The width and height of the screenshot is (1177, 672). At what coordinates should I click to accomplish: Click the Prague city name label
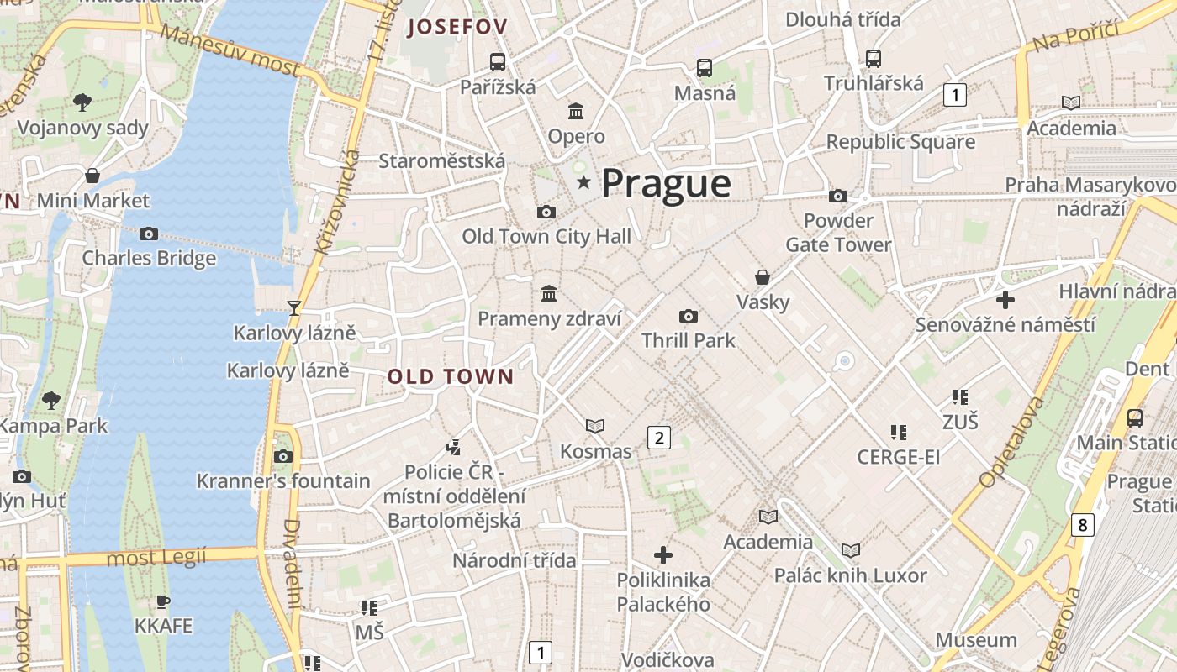click(666, 183)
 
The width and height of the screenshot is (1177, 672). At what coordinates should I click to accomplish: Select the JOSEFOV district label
click(457, 28)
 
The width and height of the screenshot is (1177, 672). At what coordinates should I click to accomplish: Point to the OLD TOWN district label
click(450, 377)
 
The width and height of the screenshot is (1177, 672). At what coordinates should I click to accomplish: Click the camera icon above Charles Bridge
click(149, 234)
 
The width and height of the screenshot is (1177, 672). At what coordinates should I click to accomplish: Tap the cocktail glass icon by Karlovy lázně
click(293, 307)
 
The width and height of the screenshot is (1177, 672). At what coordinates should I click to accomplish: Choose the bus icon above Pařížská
click(498, 61)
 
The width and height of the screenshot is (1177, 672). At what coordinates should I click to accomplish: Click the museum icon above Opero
click(577, 111)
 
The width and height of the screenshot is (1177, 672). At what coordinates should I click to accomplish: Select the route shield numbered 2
click(659, 437)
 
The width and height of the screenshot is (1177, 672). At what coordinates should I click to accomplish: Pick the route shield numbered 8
click(1082, 526)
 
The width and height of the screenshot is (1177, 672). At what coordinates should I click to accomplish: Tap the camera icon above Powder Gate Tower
click(838, 196)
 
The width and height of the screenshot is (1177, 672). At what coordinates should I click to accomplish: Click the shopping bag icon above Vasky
click(763, 276)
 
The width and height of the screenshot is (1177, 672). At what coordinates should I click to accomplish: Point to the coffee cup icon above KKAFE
click(163, 601)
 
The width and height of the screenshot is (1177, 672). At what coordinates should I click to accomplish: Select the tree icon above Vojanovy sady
click(82, 102)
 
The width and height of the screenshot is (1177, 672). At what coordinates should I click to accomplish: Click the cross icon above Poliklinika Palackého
click(663, 554)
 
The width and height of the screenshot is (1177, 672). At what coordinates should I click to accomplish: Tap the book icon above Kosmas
click(595, 427)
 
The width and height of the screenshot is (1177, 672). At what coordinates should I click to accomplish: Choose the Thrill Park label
click(688, 340)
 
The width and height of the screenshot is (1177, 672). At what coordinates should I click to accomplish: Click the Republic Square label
click(900, 141)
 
